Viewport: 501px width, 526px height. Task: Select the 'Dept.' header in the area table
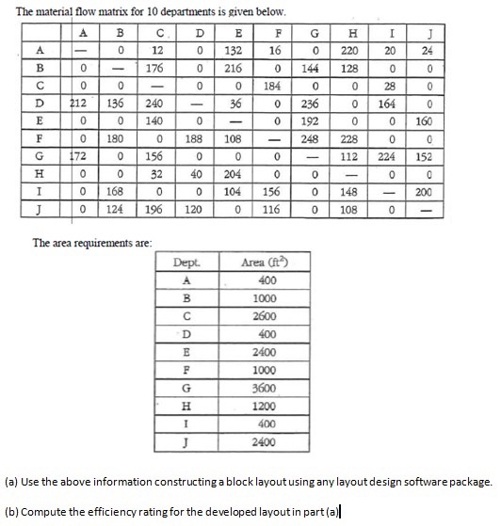188,263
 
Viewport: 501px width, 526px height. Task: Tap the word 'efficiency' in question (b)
105,513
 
